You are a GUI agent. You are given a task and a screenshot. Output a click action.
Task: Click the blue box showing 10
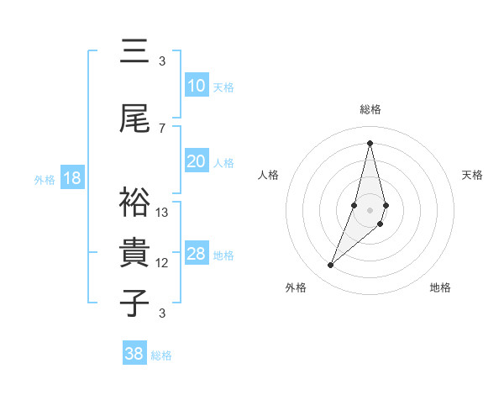(196, 86)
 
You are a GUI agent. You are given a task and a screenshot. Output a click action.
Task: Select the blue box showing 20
(196, 161)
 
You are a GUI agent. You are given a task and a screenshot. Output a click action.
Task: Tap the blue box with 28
(196, 254)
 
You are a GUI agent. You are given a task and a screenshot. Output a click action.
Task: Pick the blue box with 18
(71, 178)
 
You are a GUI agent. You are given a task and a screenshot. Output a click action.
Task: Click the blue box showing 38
(134, 354)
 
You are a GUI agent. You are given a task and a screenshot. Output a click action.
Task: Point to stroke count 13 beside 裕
(162, 213)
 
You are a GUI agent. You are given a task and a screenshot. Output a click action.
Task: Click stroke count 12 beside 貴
(162, 263)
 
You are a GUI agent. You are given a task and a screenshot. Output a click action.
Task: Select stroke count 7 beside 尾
(162, 128)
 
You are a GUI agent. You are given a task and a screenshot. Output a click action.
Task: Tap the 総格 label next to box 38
(161, 355)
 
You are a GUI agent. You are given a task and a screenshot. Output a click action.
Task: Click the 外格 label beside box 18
(45, 179)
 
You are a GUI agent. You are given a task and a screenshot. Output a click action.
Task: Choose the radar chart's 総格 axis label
(370, 109)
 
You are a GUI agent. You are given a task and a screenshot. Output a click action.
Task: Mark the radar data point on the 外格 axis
(331, 266)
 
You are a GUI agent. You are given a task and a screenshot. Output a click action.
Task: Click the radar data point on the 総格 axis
(370, 143)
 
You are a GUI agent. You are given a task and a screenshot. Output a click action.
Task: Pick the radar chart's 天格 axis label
(472, 175)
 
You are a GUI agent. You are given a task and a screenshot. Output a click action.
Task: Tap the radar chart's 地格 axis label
(440, 287)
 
